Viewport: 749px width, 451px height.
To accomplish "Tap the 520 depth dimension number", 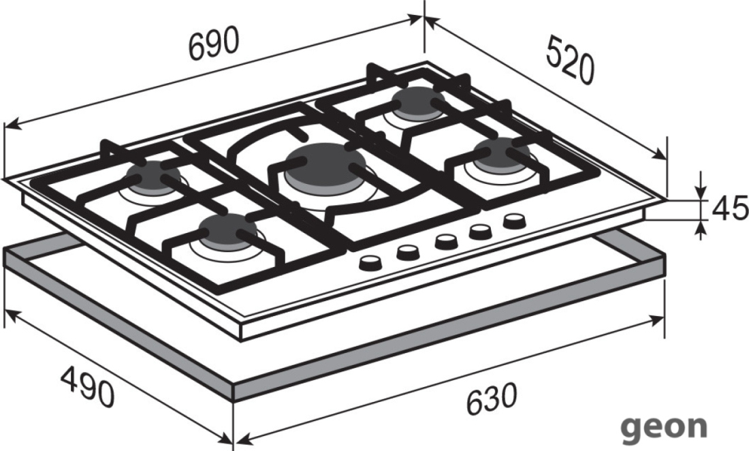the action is (x=571, y=60).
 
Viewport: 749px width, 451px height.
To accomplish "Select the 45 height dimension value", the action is (x=730, y=208).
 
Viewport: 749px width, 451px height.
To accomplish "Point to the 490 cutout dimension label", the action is (x=87, y=386).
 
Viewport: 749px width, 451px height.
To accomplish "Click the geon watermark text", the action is (x=665, y=426).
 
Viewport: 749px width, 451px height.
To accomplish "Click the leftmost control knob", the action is (x=370, y=263).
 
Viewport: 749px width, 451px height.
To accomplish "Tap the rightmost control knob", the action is (x=515, y=221).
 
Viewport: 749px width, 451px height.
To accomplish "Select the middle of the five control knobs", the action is (x=446, y=241).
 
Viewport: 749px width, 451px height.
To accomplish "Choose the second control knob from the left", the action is (x=408, y=252).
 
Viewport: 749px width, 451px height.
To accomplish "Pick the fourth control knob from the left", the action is (x=480, y=231).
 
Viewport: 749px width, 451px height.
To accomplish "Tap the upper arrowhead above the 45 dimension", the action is (x=700, y=191).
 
